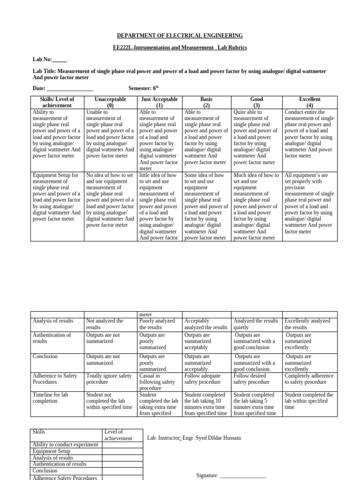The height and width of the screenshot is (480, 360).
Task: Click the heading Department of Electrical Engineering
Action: pos(180,36)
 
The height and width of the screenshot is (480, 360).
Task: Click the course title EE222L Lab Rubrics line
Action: pos(180,48)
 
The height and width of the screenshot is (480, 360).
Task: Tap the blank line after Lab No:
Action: pos(60,60)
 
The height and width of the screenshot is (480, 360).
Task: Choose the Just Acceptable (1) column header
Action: pos(159,102)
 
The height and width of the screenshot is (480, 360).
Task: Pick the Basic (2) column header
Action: pos(207,102)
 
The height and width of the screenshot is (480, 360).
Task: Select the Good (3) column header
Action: pos(257,102)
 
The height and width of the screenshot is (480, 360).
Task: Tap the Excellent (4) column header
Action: pos(310,102)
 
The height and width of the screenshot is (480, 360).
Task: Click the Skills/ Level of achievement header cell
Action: pos(58,102)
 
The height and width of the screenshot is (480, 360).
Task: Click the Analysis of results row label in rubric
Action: pos(53,321)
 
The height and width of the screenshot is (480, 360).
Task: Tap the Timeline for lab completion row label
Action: pos(51,398)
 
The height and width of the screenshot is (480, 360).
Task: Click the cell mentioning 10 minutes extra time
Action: pos(207,404)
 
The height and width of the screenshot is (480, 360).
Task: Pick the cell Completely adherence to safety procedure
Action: pos(309,379)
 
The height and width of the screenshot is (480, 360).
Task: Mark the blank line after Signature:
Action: pos(243,475)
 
